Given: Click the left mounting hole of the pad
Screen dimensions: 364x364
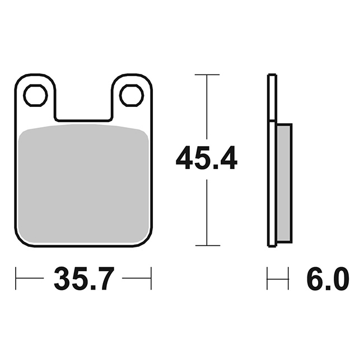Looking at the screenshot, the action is tap(35, 95).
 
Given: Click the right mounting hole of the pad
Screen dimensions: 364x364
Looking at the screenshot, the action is tap(132, 95).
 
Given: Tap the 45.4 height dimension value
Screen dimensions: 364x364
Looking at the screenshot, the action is tap(207, 158).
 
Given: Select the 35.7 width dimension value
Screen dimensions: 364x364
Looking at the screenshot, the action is tap(84, 278).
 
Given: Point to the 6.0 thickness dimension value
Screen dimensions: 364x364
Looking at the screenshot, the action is tap(328, 278).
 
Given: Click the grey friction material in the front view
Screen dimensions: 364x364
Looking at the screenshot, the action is tap(83, 183).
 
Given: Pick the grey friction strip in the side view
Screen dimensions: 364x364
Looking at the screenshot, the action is tap(283, 183).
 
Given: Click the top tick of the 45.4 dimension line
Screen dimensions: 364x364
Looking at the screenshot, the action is tap(207, 74).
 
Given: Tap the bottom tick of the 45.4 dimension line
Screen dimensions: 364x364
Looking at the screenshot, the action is tap(208, 245).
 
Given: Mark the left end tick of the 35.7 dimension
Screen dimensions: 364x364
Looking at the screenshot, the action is tap(16, 278).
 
